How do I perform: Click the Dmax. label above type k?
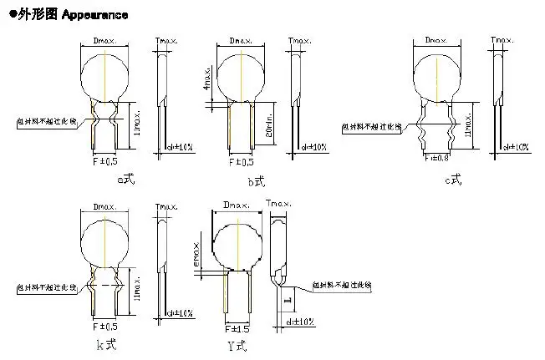click(x=104, y=205)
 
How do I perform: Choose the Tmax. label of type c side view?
click(x=501, y=40)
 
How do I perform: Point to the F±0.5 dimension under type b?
click(x=241, y=161)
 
